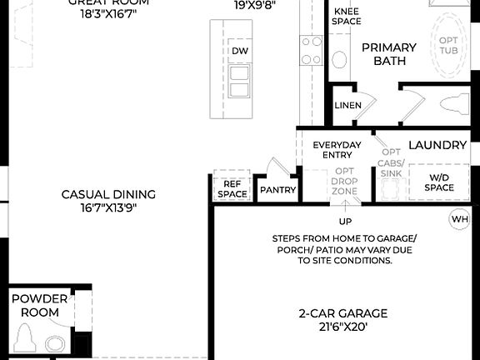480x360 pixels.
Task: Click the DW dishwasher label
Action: point(239,52)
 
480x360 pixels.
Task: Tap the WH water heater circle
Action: point(459,220)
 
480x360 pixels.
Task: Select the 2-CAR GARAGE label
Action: point(343,313)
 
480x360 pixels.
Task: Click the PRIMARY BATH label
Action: point(383,54)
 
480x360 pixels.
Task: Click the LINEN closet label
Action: point(347,106)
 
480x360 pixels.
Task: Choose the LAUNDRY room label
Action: point(437,145)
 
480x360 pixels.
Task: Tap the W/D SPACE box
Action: point(440,182)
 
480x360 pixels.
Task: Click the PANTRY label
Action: point(277,190)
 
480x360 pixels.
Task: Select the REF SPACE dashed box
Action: point(232,187)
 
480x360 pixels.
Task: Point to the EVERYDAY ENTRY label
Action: point(337,150)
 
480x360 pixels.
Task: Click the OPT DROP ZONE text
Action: point(344,181)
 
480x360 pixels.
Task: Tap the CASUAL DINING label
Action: point(108,194)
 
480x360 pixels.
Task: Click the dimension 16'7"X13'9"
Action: point(108,207)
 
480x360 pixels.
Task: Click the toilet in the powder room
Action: point(25,340)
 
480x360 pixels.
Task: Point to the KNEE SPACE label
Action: point(347,16)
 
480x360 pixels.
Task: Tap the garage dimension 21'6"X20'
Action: point(343,327)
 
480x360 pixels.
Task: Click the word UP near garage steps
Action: point(344,222)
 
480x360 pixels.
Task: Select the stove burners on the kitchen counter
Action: point(311,50)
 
